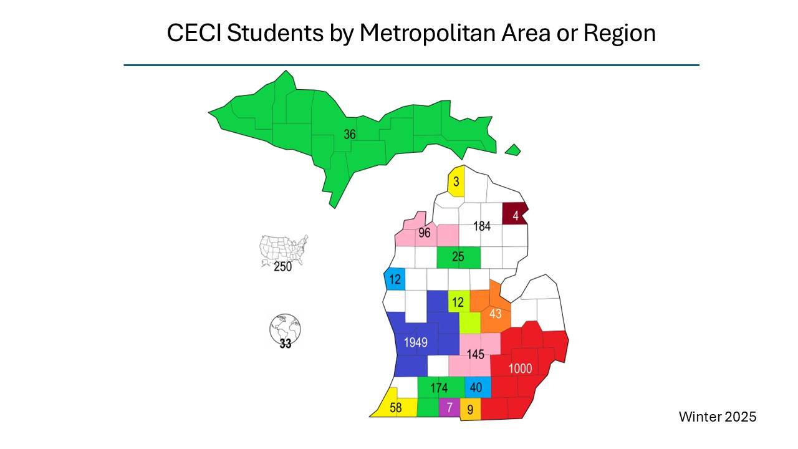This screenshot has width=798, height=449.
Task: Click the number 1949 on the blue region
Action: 415,342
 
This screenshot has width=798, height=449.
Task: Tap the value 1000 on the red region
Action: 520,369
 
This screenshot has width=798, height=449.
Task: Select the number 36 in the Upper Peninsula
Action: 350,134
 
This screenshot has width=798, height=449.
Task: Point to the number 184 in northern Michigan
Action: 481,226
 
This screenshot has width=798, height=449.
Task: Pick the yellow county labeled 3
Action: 456,182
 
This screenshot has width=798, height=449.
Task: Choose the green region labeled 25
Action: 458,256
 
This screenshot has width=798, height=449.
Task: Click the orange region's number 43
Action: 495,314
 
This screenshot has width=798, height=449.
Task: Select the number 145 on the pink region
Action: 475,355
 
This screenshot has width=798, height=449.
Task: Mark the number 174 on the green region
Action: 439,388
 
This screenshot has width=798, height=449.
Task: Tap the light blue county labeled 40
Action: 476,387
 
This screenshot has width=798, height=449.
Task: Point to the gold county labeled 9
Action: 471,410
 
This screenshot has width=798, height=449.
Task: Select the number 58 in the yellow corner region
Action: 396,408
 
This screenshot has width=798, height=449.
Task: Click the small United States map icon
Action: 284,249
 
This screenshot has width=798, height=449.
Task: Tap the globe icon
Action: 285,327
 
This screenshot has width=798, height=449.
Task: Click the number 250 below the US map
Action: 283,267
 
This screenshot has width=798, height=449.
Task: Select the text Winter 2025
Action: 718,417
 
